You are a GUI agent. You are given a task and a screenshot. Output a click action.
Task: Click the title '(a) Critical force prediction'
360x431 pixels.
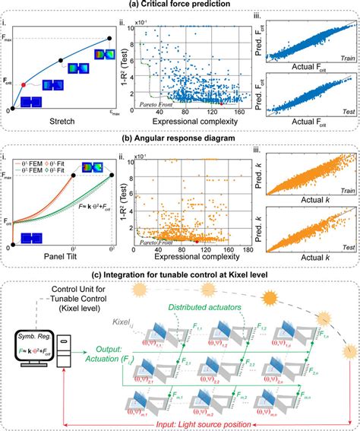[179, 5]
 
